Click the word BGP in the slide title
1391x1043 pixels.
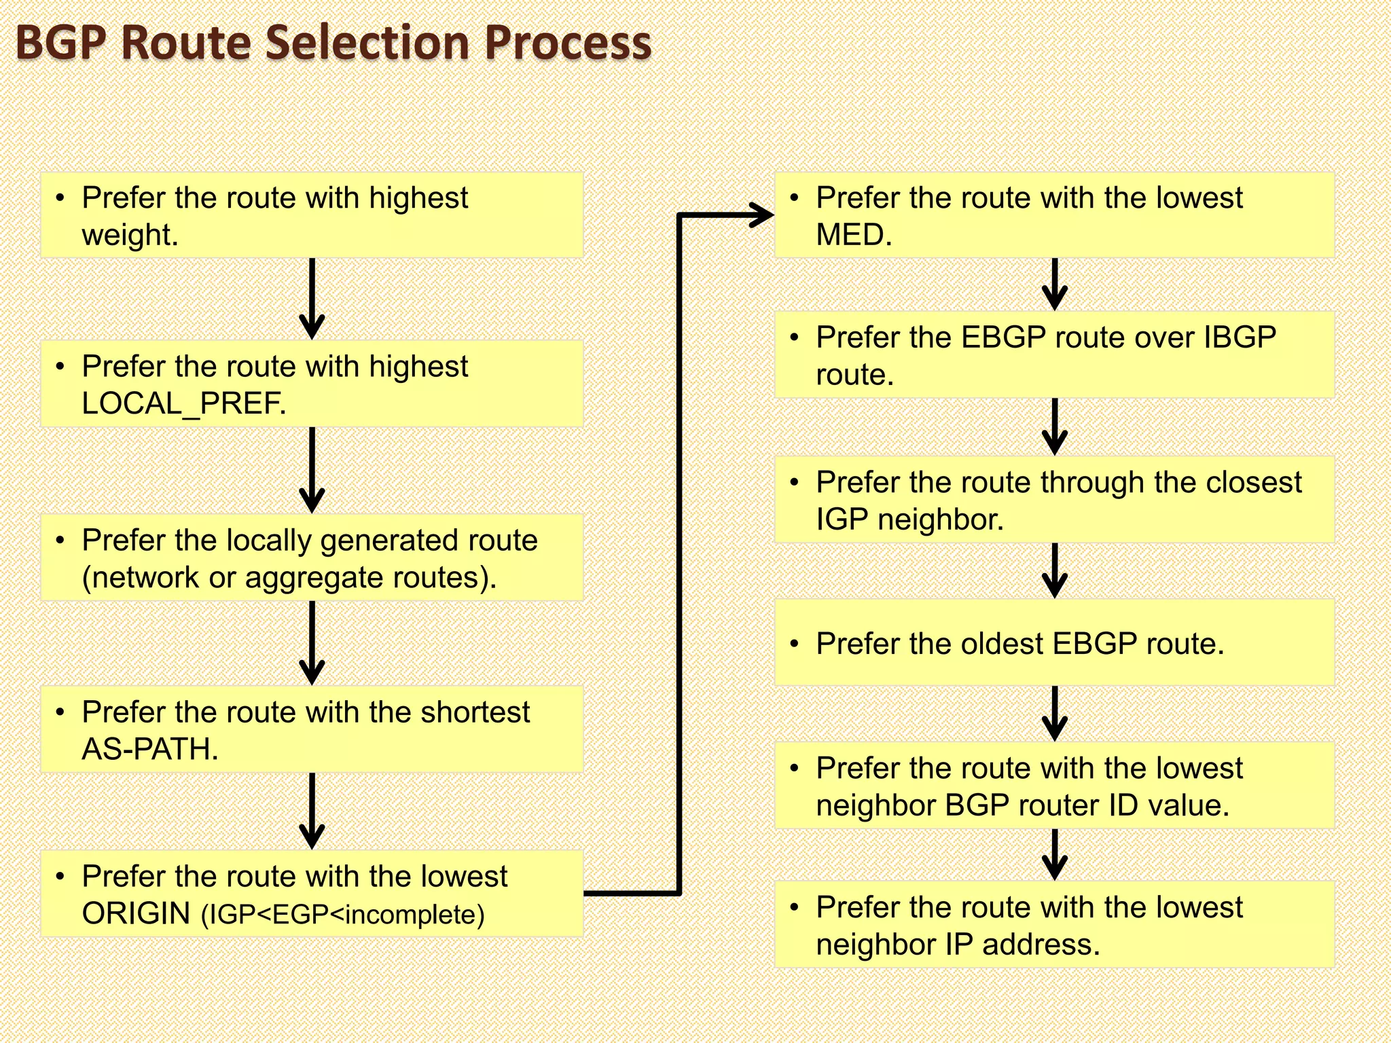(60, 42)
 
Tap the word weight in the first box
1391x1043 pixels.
(129, 235)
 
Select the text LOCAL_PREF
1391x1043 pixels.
(183, 403)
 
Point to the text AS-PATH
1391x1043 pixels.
(149, 749)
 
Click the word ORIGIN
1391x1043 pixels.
(136, 913)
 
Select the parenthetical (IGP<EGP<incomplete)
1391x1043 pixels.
(343, 915)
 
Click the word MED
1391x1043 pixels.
(853, 235)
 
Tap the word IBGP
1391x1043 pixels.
(1240, 337)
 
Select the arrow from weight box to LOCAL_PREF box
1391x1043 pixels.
(312, 299)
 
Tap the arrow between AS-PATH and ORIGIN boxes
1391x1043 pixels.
(312, 811)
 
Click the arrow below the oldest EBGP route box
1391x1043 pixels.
(1054, 713)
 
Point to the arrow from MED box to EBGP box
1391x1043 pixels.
(1054, 284)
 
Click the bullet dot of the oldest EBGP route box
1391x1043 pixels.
(794, 644)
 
